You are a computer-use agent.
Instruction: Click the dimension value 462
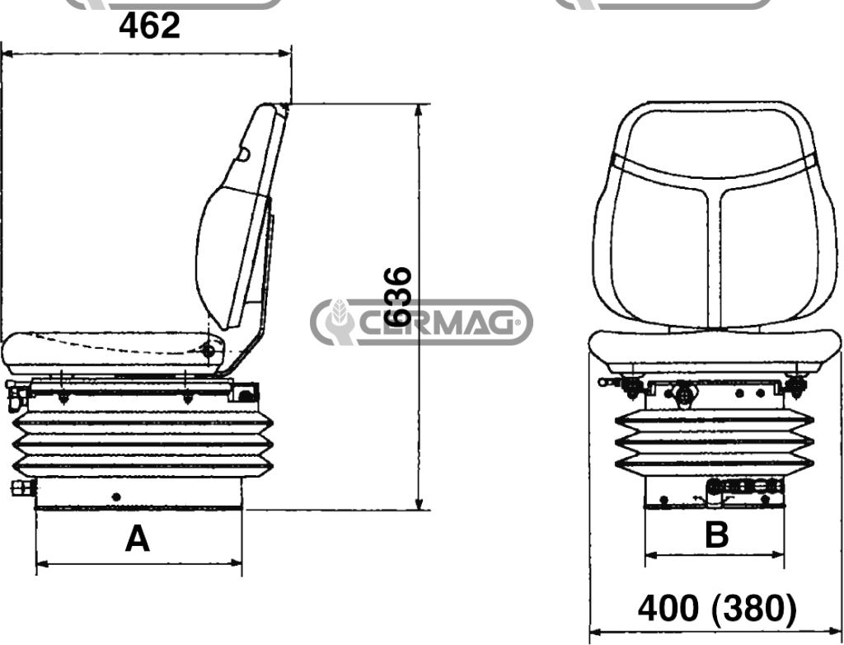[150, 26]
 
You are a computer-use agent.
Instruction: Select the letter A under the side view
[138, 539]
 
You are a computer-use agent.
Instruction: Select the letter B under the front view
[716, 534]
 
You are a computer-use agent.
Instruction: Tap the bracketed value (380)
[753, 609]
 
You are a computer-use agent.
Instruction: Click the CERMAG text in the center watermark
[437, 322]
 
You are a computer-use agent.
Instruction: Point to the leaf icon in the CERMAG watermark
[339, 313]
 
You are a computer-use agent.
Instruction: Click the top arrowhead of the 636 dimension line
[419, 110]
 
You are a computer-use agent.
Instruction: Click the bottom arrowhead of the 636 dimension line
[419, 503]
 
